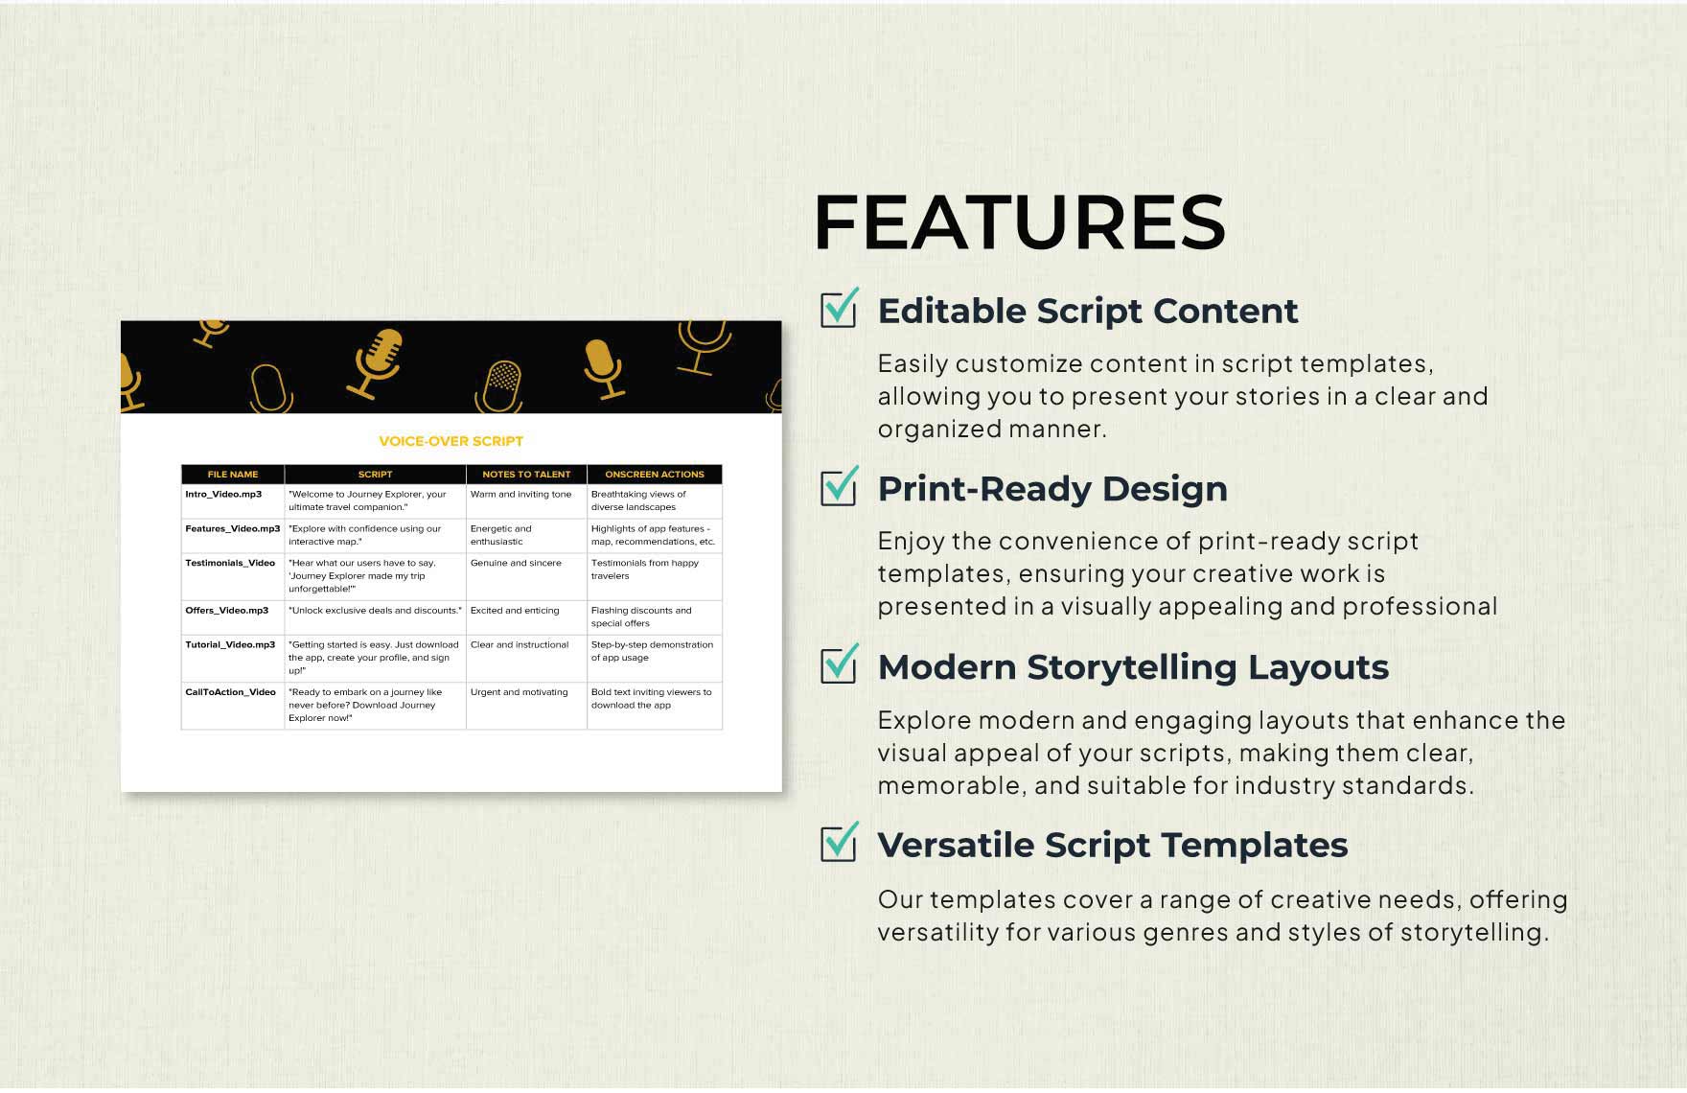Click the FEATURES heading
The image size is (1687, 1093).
(x=1019, y=222)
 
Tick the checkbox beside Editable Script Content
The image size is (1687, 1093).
(x=839, y=309)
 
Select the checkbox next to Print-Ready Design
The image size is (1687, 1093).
(x=839, y=486)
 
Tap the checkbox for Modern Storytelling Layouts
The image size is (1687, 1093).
(x=839, y=664)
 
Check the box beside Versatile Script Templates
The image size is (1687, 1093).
(x=839, y=843)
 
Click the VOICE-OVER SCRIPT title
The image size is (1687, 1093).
(x=451, y=441)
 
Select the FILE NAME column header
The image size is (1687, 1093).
(x=233, y=475)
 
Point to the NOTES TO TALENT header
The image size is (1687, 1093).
(x=526, y=475)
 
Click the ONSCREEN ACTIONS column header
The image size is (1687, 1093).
(x=655, y=475)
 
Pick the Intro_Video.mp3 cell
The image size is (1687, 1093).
(x=223, y=495)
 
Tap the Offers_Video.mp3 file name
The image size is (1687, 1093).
(x=227, y=611)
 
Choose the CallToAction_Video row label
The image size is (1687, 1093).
(x=230, y=692)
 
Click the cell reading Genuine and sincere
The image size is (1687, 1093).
(x=516, y=563)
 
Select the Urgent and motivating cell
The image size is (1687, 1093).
(x=519, y=692)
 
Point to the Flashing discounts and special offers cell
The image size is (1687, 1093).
(x=640, y=616)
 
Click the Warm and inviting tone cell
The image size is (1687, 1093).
(x=520, y=495)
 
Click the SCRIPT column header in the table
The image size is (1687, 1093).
(x=375, y=475)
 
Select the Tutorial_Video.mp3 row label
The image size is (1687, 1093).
(x=230, y=645)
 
